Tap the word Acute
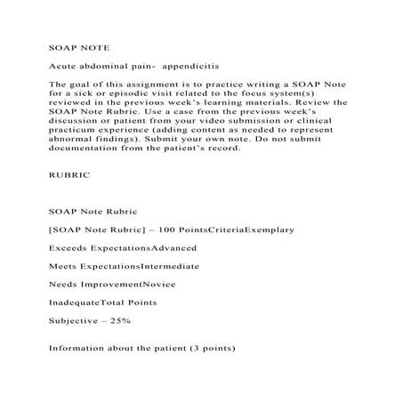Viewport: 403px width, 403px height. (x=62, y=66)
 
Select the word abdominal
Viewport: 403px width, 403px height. (x=106, y=66)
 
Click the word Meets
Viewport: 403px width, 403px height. (x=62, y=265)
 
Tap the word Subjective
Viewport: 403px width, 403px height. (x=72, y=318)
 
